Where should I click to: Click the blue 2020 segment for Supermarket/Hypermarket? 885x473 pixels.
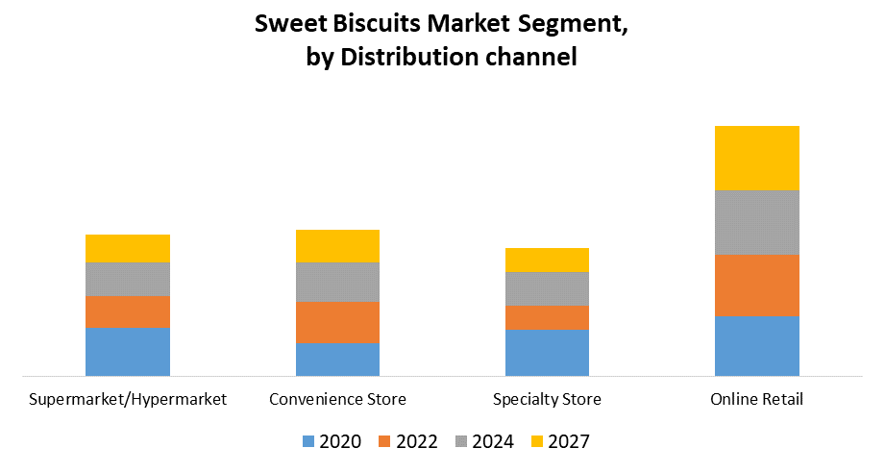[x=128, y=351]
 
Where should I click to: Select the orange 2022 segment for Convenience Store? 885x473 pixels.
[x=337, y=322]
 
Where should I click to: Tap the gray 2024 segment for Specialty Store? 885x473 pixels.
[x=547, y=288]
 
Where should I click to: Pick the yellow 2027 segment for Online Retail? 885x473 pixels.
[x=756, y=158]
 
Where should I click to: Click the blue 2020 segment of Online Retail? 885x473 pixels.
[x=756, y=345]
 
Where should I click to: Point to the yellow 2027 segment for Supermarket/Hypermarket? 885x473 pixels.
[x=128, y=248]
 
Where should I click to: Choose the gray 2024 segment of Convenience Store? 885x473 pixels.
[x=337, y=282]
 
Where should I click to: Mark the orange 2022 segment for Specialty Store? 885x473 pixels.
[x=547, y=317]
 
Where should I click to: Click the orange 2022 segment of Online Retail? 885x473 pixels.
[x=756, y=286]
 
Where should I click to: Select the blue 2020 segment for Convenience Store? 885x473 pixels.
[x=337, y=359]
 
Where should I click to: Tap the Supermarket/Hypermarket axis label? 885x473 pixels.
[x=128, y=399]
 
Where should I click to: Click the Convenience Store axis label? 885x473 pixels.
[x=337, y=399]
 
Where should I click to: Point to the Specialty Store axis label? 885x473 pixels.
[x=547, y=399]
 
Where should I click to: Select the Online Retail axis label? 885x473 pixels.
[x=756, y=399]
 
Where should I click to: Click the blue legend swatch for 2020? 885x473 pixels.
[x=308, y=442]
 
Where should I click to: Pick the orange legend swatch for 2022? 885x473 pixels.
[x=384, y=442]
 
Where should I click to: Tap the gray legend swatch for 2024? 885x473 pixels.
[x=460, y=442]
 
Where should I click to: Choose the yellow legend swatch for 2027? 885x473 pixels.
[x=536, y=442]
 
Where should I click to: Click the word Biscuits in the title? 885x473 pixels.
[x=370, y=25]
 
